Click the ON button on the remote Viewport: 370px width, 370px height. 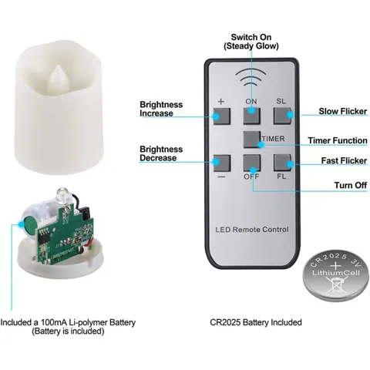tap(252, 116)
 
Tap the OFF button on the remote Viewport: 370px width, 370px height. tap(252, 163)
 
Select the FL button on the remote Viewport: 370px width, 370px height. tap(282, 163)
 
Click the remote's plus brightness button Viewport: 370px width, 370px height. tap(222, 116)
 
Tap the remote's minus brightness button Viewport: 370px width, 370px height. tap(222, 163)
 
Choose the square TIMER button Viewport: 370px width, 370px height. tap(252, 140)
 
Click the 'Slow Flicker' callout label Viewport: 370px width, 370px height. tap(343, 111)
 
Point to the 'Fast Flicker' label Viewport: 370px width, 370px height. tap(344, 160)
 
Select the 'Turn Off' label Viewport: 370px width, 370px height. tap(351, 185)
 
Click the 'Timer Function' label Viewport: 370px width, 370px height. tap(338, 140)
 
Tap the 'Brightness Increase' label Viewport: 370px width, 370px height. tap(161, 109)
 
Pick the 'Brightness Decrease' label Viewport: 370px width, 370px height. tap(161, 153)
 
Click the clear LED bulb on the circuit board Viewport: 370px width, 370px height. tap(61, 194)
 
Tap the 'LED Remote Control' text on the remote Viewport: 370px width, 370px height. tap(252, 229)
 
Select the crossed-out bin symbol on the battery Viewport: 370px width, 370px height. tap(336, 284)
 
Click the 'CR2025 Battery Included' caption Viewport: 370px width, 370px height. tap(256, 322)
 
